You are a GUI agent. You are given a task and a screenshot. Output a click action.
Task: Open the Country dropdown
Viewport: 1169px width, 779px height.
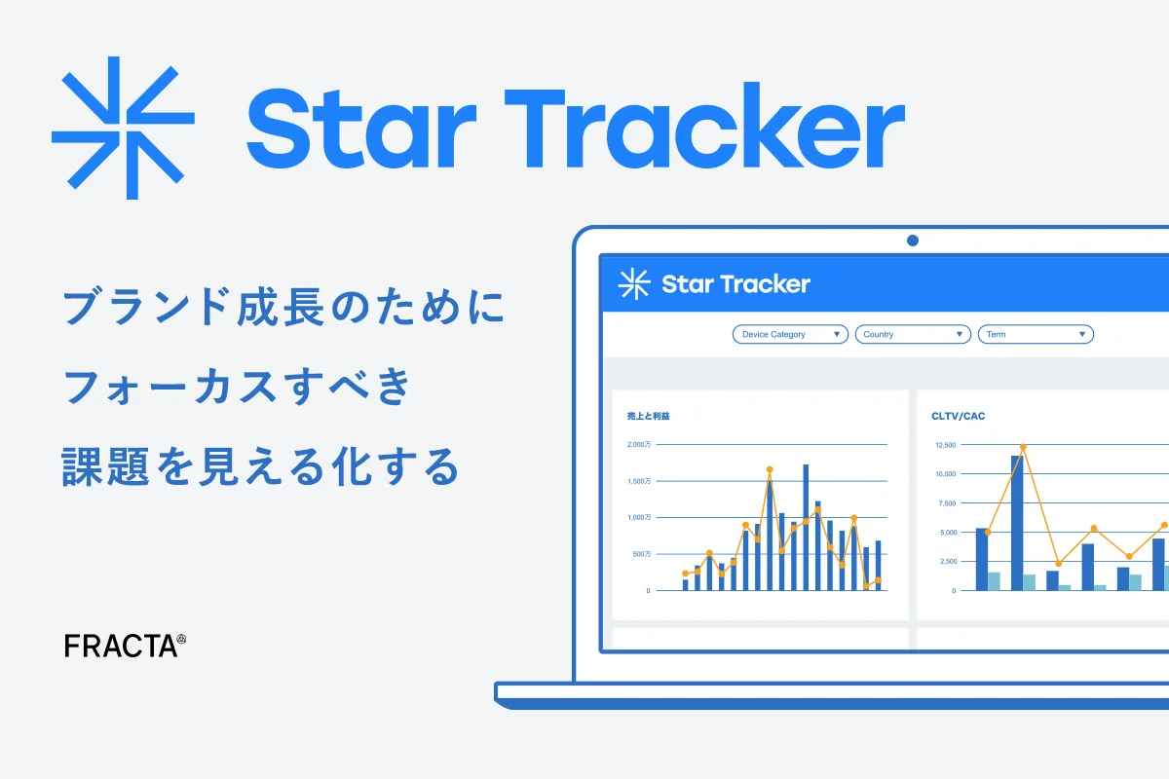[x=913, y=334]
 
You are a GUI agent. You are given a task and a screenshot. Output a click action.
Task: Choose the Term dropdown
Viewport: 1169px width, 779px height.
[x=1036, y=334]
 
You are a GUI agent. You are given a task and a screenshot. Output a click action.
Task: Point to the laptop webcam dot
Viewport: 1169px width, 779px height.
[x=912, y=240]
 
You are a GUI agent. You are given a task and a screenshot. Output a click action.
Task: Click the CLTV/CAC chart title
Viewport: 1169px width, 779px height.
[x=959, y=416]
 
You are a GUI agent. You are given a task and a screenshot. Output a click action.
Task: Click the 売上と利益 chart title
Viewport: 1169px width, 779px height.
[x=648, y=416]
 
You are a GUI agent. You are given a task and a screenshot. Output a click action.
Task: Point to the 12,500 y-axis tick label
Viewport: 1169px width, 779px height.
[x=945, y=445]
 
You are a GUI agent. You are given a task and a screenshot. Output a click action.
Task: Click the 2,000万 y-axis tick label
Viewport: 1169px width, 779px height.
[x=639, y=445]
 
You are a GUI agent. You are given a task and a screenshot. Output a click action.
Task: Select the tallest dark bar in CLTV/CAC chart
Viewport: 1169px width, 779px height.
[x=1017, y=521]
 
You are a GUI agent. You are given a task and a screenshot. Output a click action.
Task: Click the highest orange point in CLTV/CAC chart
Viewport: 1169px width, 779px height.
[x=1023, y=448]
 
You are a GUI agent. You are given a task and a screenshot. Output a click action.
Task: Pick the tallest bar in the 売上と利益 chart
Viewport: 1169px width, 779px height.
[x=806, y=526]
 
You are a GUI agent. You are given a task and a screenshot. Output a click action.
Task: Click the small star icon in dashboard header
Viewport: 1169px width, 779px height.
[x=634, y=283]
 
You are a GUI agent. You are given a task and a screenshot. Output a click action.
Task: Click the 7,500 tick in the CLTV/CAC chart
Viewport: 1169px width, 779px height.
[x=945, y=503]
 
